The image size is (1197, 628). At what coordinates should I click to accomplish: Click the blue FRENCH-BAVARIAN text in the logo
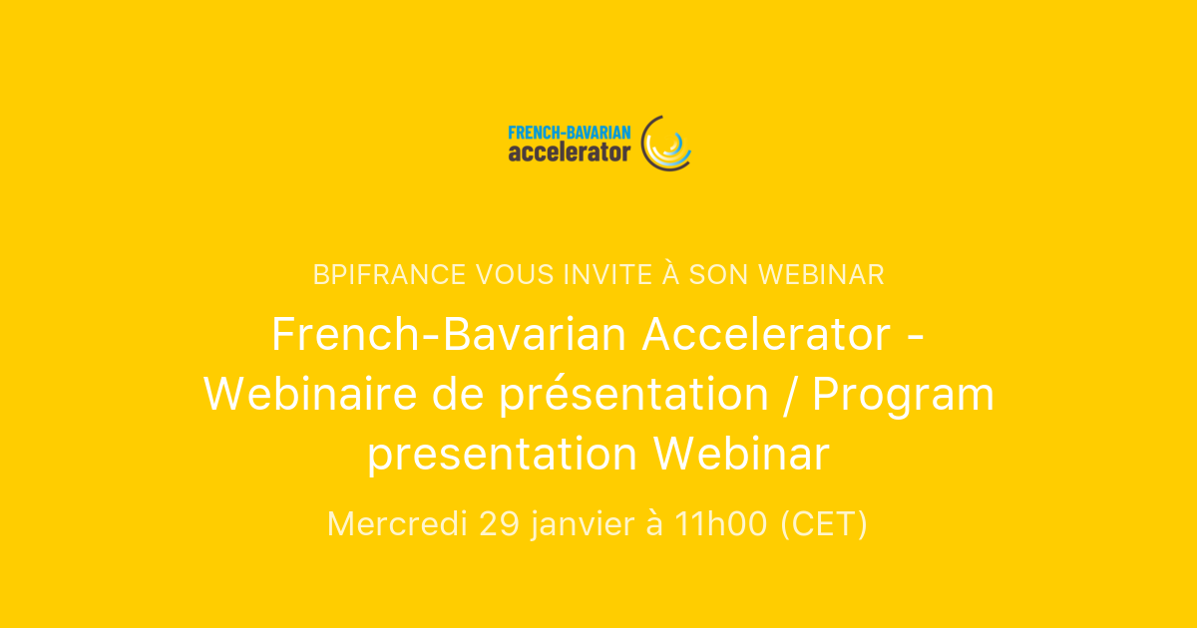(569, 132)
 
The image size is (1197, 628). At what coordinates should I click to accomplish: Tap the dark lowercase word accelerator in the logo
(569, 153)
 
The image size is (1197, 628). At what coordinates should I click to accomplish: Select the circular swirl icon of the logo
(665, 143)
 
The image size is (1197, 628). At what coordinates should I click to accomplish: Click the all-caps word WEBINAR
(821, 275)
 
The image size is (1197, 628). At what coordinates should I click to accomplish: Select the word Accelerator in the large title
(766, 335)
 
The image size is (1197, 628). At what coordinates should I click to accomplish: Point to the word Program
(903, 395)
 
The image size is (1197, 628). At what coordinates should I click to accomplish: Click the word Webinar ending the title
(741, 455)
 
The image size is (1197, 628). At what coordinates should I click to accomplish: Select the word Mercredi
(397, 524)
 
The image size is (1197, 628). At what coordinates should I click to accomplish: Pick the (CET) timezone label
(823, 524)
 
